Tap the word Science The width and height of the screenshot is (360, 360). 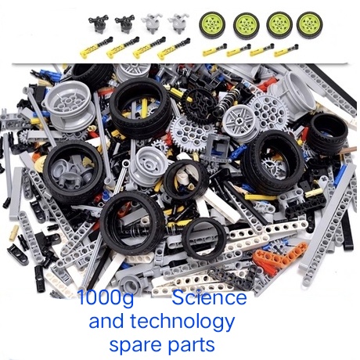click(x=209, y=299)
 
